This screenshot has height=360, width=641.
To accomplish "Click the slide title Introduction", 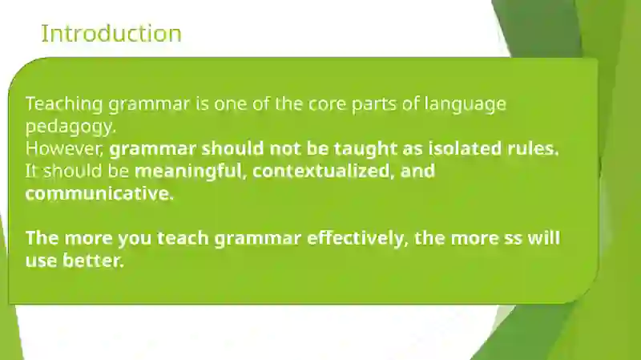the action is coord(111,34).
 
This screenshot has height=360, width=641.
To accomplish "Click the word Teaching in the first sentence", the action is coord(64,104).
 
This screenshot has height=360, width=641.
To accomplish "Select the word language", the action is coord(466,105).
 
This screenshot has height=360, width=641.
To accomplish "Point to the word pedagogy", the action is coord(71,127).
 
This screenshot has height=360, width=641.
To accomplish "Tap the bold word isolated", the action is coord(465,148).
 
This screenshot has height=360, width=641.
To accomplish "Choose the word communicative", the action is coord(99,193).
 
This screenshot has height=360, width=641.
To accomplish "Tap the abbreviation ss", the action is coord(513,238).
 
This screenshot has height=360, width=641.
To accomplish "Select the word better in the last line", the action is coord(93,261).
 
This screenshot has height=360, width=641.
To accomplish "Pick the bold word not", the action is coord(285,149).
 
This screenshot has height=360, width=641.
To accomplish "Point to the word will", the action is coord(543,237).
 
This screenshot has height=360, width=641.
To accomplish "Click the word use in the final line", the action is coord(41,261).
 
